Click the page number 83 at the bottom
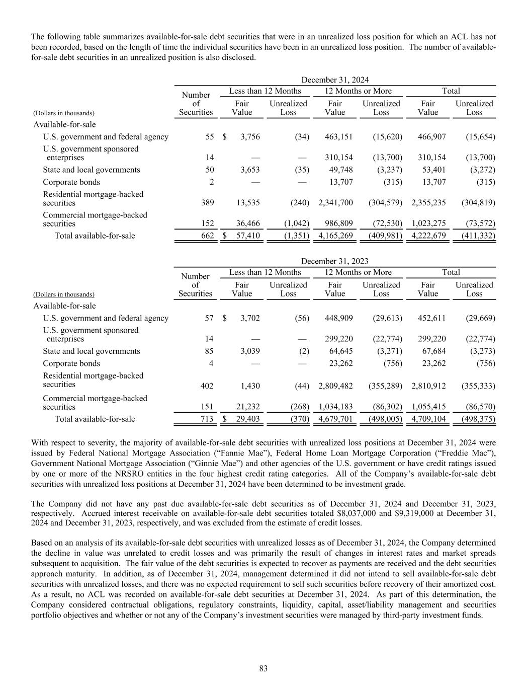point(263,668)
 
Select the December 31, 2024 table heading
point(334,80)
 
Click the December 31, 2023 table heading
point(334,261)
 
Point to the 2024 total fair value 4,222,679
point(428,236)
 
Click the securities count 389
point(206,203)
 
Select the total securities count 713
point(206,419)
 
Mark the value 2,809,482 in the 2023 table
point(335,386)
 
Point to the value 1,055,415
point(428,407)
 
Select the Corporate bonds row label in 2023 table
point(71,363)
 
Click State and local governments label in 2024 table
point(92,170)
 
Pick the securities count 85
point(208,351)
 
